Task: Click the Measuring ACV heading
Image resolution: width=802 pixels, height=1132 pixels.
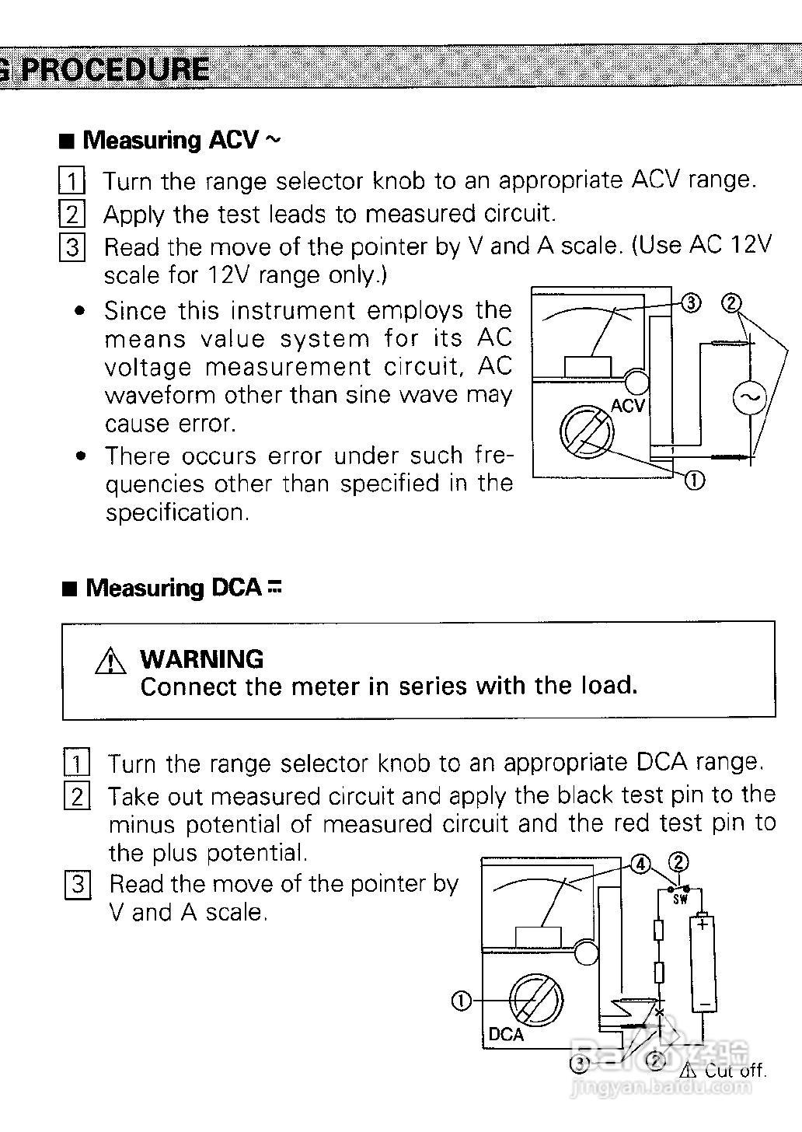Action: coord(170,140)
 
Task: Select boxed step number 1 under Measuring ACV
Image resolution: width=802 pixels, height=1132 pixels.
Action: coord(71,182)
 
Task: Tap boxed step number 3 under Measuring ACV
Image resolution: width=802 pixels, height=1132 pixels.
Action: coord(72,247)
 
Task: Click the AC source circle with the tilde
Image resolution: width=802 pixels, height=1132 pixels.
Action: coord(749,398)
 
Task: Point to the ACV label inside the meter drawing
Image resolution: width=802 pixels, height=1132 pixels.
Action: coord(628,406)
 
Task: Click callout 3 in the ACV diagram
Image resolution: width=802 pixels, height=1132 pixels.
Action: coord(690,302)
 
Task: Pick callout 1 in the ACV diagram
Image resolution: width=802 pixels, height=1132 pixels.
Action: coord(694,481)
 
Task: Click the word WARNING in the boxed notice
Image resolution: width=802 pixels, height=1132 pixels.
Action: coord(201,659)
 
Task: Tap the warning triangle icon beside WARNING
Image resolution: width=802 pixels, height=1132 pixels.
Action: coord(110,661)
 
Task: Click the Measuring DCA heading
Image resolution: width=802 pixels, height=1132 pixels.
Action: coord(173,588)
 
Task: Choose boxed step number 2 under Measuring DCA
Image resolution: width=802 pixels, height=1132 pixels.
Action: coord(77,796)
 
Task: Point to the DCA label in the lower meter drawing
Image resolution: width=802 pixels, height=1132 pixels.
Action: coord(506,1035)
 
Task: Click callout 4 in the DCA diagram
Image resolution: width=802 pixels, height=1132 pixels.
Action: coord(640,864)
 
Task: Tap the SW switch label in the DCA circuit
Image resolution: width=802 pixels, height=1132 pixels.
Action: coord(680,900)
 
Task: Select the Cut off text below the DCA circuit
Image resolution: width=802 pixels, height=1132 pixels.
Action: coord(734,1071)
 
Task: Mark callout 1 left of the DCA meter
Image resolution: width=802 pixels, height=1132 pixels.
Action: coord(461,1001)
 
